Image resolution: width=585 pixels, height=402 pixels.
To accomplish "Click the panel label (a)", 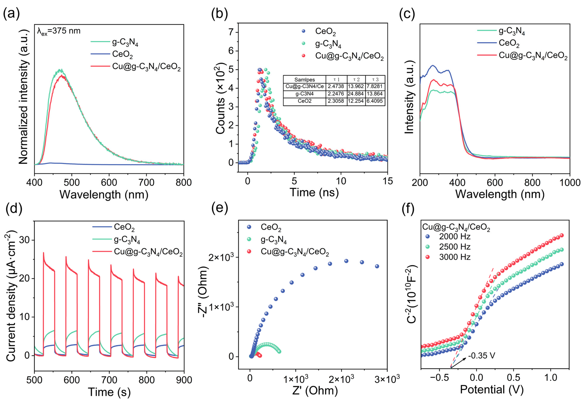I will coord(11,14).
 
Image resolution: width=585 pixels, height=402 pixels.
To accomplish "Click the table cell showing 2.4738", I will coord(336,86).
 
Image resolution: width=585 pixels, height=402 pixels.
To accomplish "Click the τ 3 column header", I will coord(375,80).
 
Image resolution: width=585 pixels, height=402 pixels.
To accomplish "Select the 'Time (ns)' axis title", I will coord(314,192).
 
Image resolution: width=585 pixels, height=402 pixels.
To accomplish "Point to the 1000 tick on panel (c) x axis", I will coord(570,182).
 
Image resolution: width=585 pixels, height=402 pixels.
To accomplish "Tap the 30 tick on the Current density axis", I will coord(24,240).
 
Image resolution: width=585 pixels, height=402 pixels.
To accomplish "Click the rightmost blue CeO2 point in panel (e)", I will coord(377,266).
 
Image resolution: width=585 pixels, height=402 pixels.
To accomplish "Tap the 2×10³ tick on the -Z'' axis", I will coord(221,257).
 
